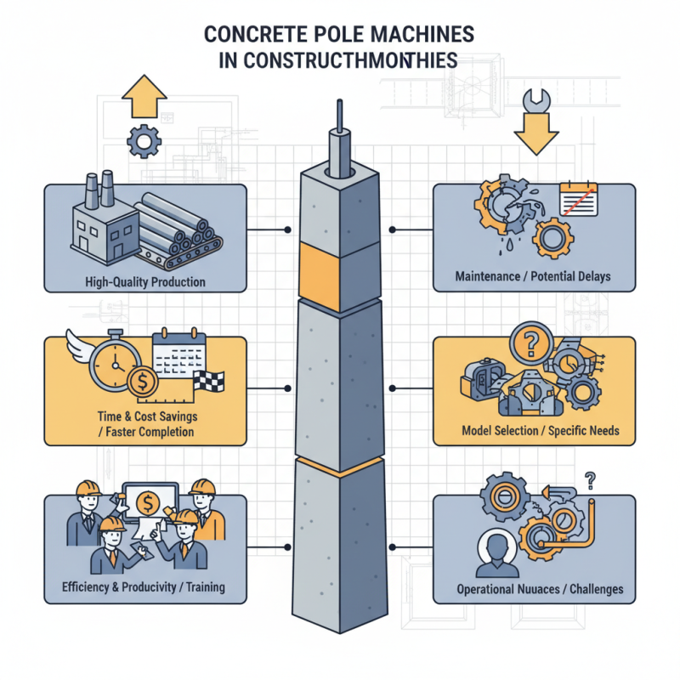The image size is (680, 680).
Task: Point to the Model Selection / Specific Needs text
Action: (534, 431)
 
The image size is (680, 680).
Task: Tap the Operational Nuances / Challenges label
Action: (534, 588)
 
